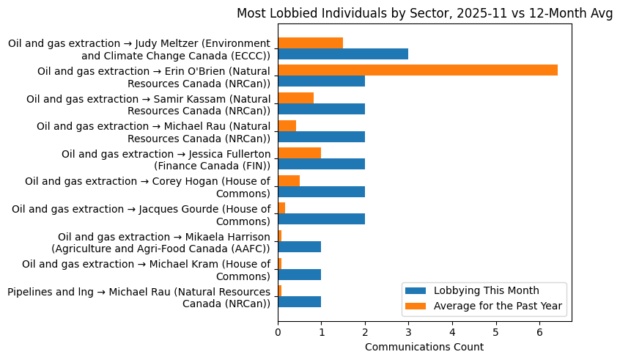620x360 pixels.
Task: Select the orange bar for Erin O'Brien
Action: (x=418, y=70)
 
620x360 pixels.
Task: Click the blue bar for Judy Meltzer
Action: (x=343, y=54)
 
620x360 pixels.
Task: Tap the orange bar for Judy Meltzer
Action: (x=310, y=43)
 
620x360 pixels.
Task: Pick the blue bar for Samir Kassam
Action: (x=321, y=109)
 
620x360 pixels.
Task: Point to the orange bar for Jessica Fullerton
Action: (x=299, y=153)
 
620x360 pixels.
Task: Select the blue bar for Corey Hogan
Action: (x=321, y=191)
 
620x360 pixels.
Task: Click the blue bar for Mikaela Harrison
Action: (x=299, y=246)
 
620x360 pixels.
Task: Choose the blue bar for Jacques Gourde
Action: (x=321, y=218)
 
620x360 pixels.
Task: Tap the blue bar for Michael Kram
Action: (x=299, y=274)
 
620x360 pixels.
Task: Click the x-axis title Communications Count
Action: (x=424, y=347)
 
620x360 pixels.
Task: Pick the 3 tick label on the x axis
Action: (x=408, y=332)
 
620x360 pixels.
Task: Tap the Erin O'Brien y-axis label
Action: (x=154, y=76)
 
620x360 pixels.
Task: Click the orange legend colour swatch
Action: (x=417, y=305)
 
